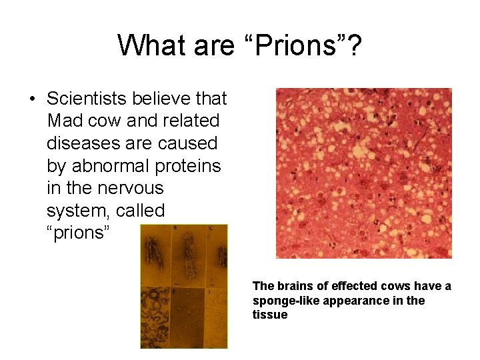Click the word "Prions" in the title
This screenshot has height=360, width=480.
click(299, 45)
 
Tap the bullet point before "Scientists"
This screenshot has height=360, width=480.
click(32, 99)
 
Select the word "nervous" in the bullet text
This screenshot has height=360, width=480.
click(134, 188)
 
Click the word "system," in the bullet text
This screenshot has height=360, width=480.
click(78, 211)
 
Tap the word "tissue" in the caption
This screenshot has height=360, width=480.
click(270, 315)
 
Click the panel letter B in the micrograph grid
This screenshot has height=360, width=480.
click(175, 228)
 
